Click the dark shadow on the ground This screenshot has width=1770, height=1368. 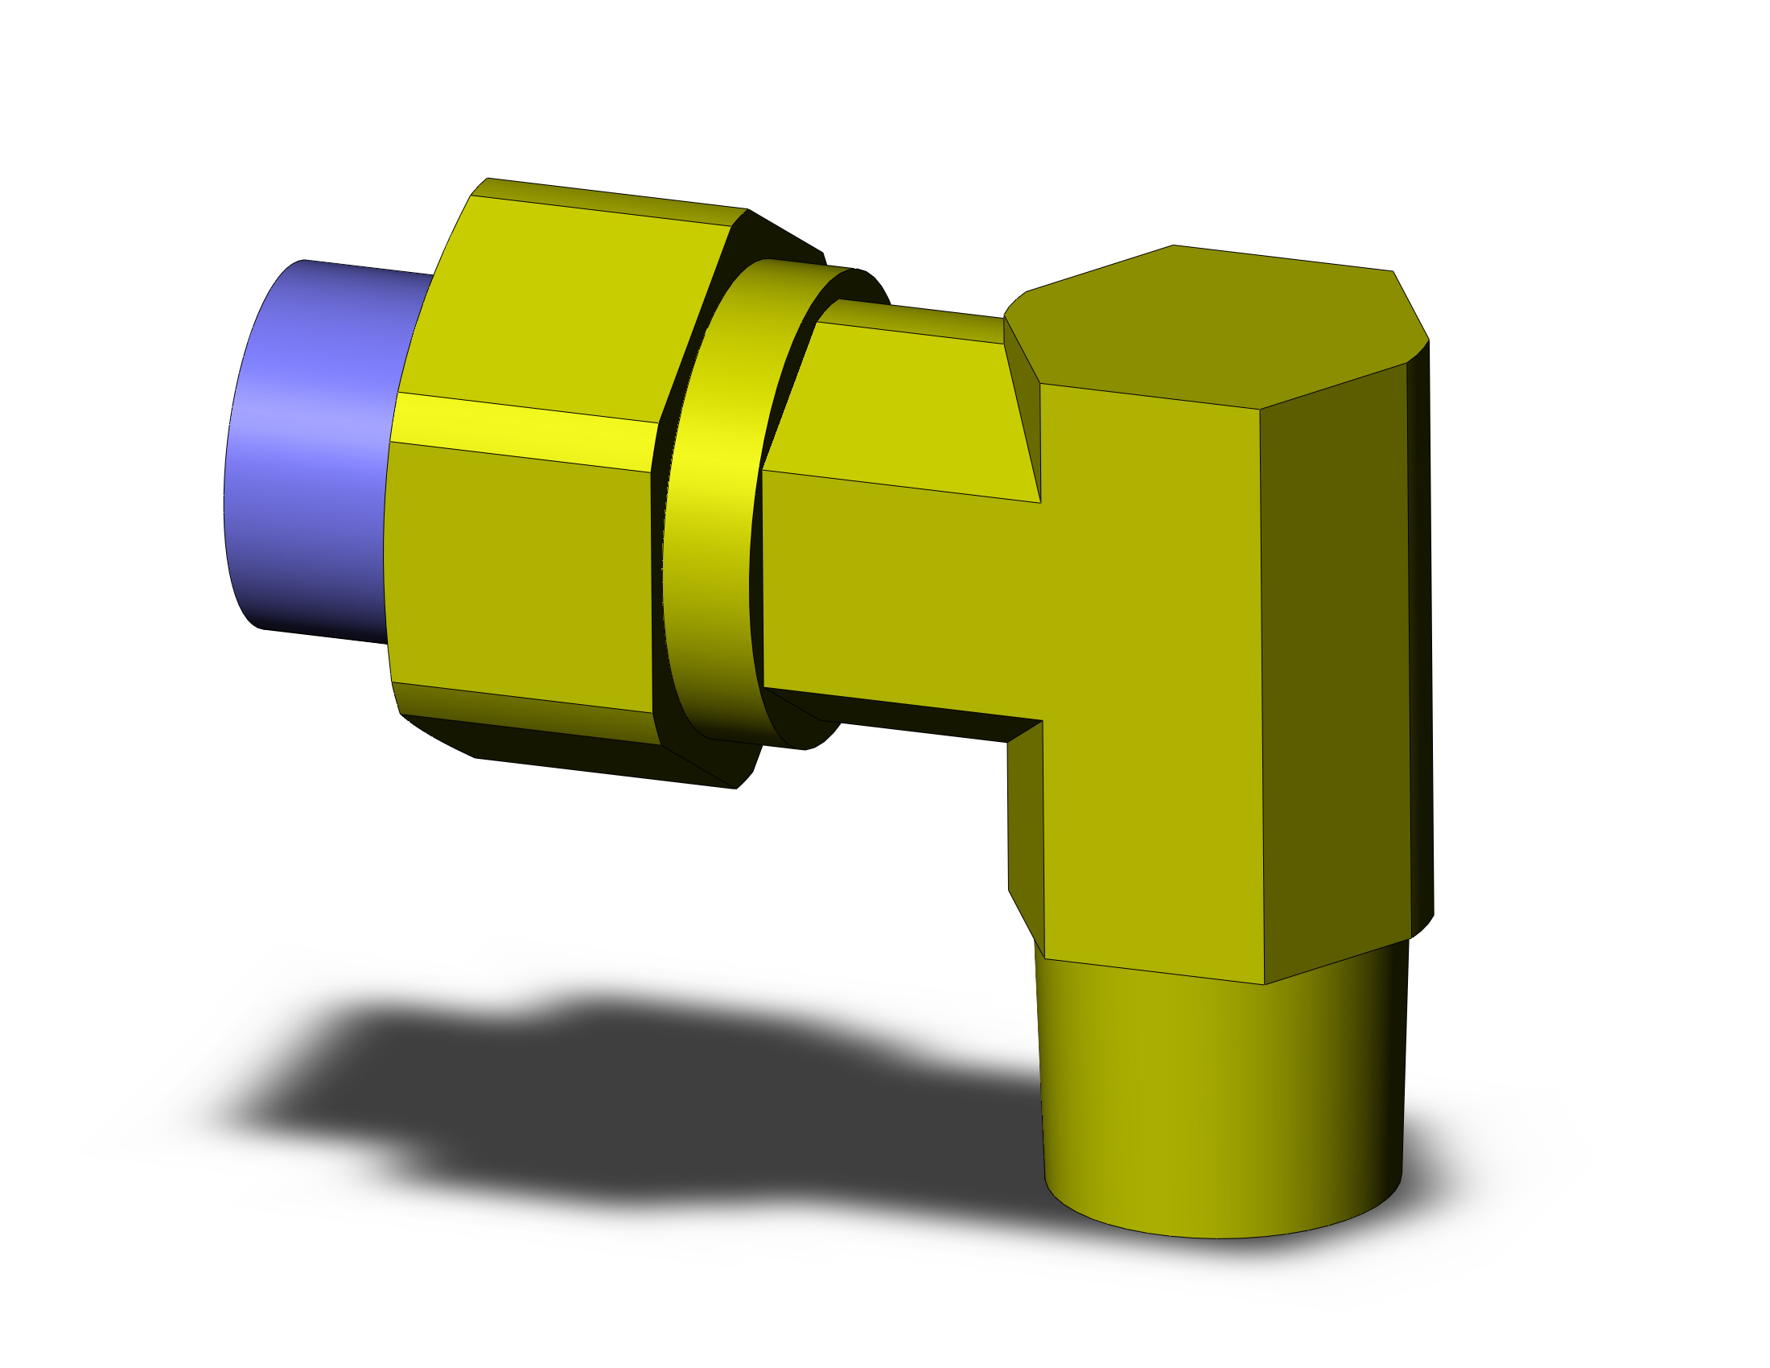coord(648,1094)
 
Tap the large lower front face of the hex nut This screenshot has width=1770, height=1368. coord(519,575)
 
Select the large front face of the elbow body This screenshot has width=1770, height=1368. coord(1150,689)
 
